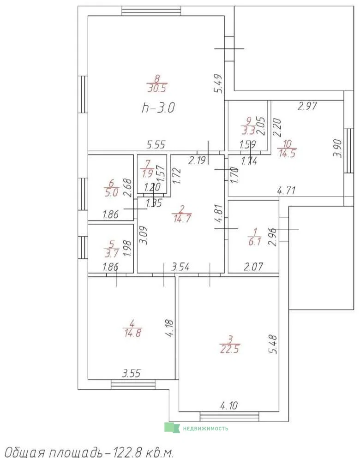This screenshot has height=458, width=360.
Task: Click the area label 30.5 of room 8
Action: (x=157, y=88)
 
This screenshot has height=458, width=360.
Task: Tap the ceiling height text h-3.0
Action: (x=158, y=108)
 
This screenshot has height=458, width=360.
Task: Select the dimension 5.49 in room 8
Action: (x=219, y=83)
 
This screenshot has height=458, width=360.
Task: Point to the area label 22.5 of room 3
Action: (x=230, y=349)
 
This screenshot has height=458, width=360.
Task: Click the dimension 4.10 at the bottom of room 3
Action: (x=229, y=405)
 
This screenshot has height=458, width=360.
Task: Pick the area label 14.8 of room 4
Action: (x=132, y=333)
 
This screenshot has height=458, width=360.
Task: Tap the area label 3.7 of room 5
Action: (x=111, y=253)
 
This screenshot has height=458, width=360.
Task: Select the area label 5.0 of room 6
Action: (x=111, y=193)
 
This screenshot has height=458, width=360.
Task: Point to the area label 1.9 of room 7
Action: (x=148, y=173)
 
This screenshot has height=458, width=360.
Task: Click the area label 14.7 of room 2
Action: (x=182, y=218)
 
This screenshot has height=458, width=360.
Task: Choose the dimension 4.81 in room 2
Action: (x=219, y=214)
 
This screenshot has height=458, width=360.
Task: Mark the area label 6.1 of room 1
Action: (x=254, y=241)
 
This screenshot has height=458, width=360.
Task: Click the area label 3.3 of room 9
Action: (x=248, y=130)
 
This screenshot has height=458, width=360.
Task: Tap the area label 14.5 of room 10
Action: (x=287, y=153)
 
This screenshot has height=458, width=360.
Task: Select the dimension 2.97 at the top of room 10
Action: (x=307, y=106)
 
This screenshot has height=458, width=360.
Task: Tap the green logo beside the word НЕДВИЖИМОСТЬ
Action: (x=172, y=428)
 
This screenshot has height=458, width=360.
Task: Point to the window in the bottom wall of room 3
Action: (x=229, y=416)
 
